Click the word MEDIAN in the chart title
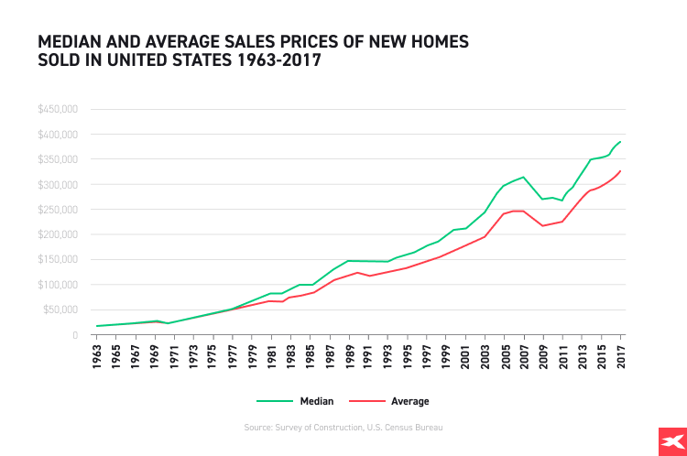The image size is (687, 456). [68, 42]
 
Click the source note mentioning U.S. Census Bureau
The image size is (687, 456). [343, 427]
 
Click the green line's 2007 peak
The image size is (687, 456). [523, 177]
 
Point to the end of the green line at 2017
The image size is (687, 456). [620, 141]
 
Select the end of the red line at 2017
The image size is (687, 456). [620, 171]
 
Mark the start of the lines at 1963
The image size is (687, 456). [97, 326]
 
